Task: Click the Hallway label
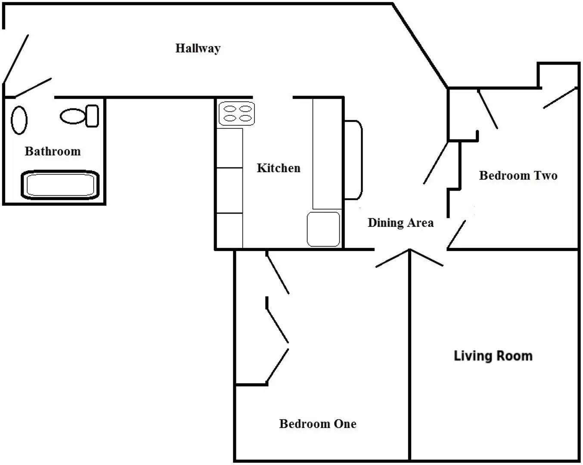point(198,48)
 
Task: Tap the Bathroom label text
point(53,151)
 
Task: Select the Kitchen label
point(278,168)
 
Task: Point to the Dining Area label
point(400,223)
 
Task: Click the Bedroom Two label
point(518,175)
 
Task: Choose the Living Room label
point(493,356)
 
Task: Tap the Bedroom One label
point(318,424)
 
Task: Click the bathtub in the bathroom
point(60,185)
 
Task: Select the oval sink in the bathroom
point(19,120)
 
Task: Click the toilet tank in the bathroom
point(92,116)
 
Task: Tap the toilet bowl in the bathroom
point(73,116)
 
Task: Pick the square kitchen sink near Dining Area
point(324,229)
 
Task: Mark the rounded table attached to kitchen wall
point(353,160)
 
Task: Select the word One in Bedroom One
point(345,424)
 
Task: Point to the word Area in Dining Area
point(421,223)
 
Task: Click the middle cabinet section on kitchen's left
point(229,190)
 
